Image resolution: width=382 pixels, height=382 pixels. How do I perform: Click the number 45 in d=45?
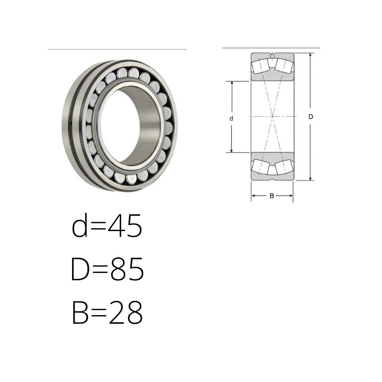(125, 225)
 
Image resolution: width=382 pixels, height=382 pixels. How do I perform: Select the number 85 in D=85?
(127, 269)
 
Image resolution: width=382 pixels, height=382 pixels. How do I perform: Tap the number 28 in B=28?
(126, 312)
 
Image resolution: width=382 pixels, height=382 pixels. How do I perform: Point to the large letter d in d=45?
(80, 225)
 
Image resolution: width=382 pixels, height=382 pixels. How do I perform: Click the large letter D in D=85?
(80, 269)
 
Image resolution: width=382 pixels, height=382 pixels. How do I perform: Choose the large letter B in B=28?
(80, 312)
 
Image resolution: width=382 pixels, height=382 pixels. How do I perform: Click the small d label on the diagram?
(232, 118)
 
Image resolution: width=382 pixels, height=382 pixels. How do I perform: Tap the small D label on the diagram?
(311, 117)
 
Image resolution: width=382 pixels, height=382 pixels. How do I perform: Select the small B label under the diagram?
(272, 196)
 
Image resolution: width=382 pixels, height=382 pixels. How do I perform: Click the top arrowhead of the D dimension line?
(310, 55)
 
